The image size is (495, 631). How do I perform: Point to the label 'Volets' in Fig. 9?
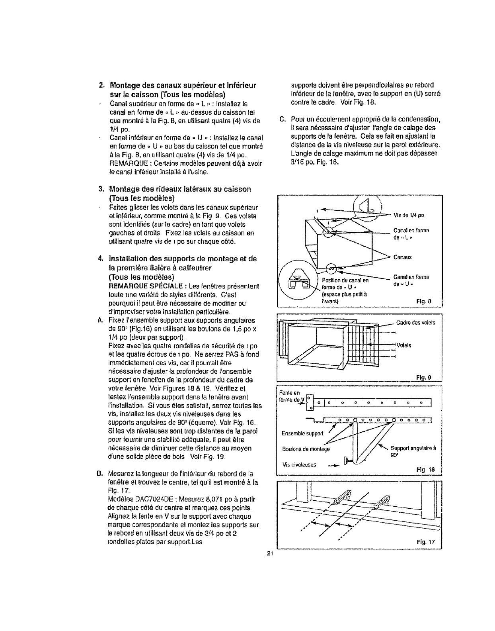pos(404,345)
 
